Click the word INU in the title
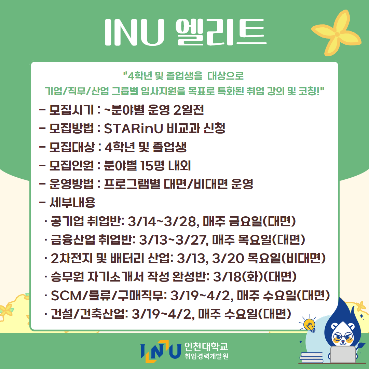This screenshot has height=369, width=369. tap(134, 32)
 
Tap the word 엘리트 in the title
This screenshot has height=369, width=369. tap(221, 32)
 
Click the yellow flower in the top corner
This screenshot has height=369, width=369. tap(337, 33)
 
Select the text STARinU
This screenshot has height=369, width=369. tap(134, 128)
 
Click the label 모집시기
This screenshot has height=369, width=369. tap(71, 110)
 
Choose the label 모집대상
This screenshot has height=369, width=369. tap(72, 147)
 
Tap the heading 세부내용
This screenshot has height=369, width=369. tap(72, 202)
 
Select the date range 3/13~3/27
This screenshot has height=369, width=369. tap(173, 240)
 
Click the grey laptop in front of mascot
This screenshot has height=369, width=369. tap(343, 355)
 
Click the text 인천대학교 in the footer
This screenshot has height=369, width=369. tap(206, 346)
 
